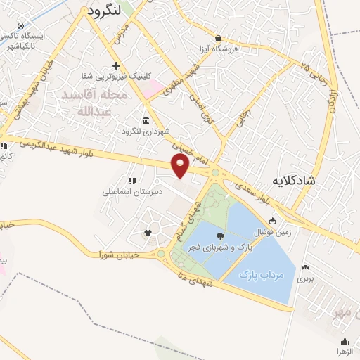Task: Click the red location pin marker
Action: [x=181, y=165]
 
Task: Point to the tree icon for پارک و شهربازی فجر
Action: [x=221, y=237]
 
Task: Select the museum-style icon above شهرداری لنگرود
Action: [x=145, y=120]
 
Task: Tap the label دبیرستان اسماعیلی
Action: [x=132, y=191]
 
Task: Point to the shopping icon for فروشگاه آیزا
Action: [x=219, y=38]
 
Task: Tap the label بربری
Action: [x=305, y=278]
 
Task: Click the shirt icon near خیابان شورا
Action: [x=148, y=233]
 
